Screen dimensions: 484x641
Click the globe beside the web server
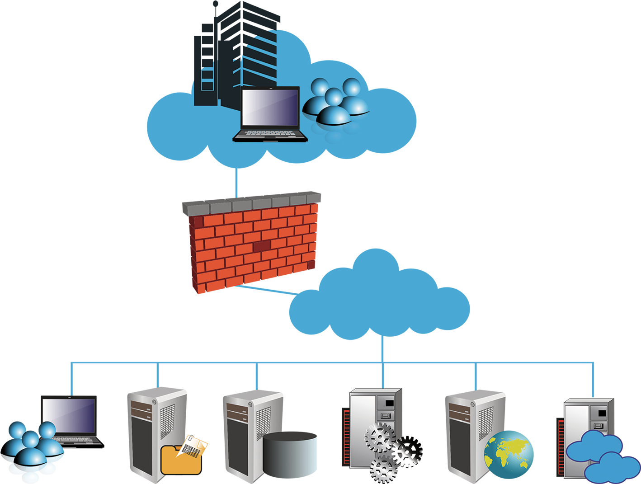(x=509, y=454)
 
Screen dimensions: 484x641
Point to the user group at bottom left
(x=33, y=450)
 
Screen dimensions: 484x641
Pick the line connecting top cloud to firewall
(x=236, y=183)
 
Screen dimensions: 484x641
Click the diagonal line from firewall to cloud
(x=267, y=290)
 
